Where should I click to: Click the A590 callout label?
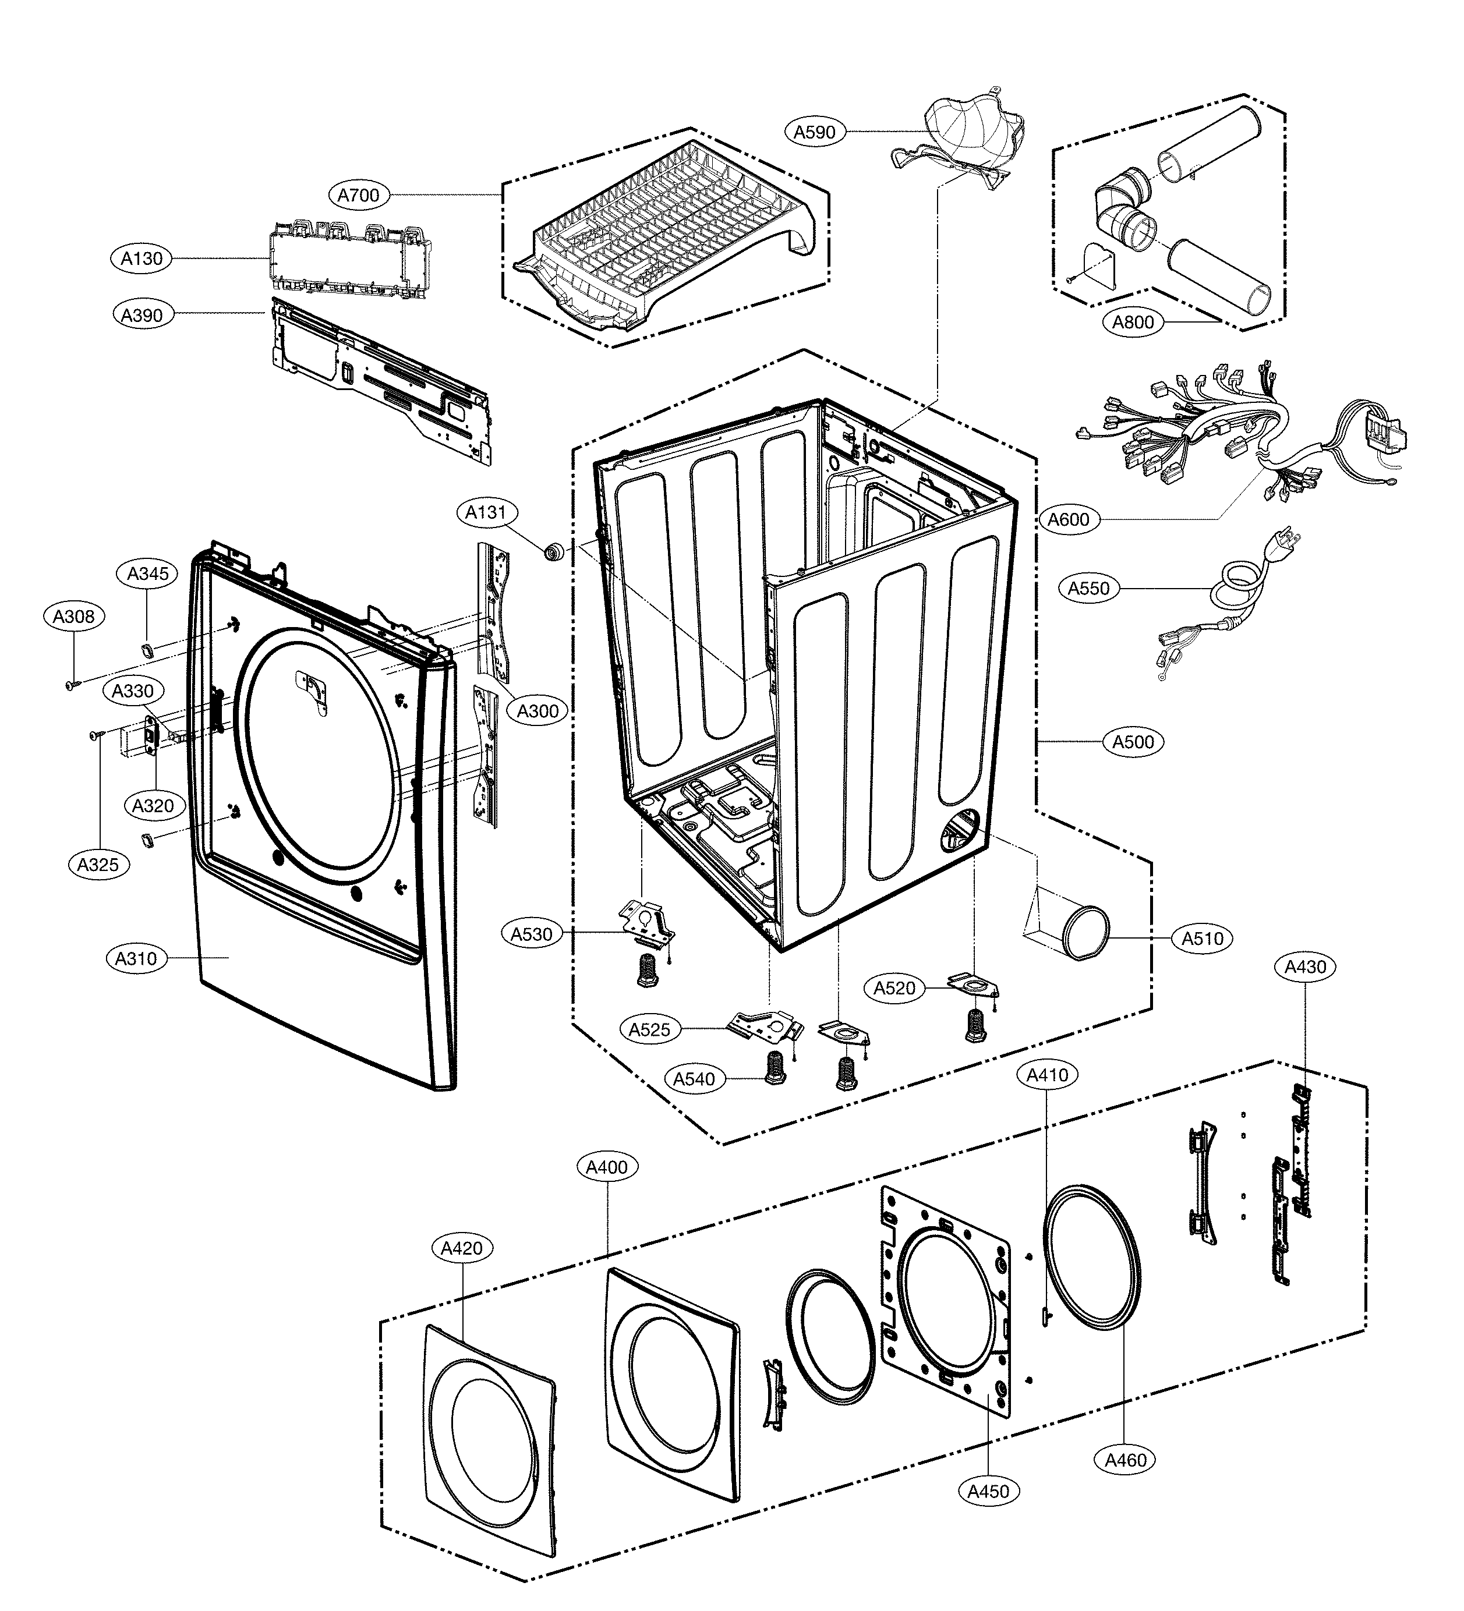point(814,132)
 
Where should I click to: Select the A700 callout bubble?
point(358,195)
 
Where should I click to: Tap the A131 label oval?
point(486,512)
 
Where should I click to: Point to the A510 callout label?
point(1202,938)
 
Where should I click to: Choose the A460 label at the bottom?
point(1125,1460)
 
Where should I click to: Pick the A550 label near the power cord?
point(1088,588)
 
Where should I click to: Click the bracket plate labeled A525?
point(763,1026)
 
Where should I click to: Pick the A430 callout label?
point(1305,967)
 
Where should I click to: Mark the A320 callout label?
point(153,806)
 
